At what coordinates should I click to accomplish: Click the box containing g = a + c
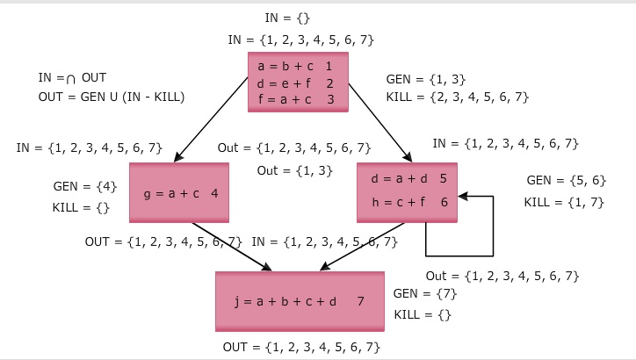pyautogui.click(x=178, y=192)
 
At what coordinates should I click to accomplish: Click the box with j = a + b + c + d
pyautogui.click(x=300, y=301)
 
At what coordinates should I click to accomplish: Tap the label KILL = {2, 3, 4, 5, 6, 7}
pyautogui.click(x=457, y=97)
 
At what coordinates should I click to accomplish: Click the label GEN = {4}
pyautogui.click(x=84, y=186)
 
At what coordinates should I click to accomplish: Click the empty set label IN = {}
pyautogui.click(x=287, y=18)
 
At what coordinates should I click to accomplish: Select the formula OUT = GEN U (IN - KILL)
pyautogui.click(x=111, y=97)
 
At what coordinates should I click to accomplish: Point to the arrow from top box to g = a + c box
pyautogui.click(x=212, y=119)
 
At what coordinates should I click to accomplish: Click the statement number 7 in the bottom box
pyautogui.click(x=360, y=301)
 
